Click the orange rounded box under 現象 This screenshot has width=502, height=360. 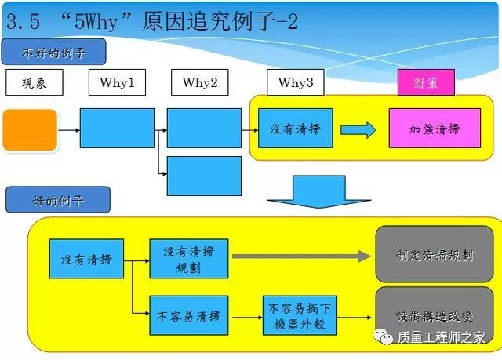coord(30,129)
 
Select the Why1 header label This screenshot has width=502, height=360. coord(116,82)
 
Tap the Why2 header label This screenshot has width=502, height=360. coord(200,82)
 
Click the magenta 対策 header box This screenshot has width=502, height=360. coord(425,82)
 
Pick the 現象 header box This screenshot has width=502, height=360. coord(33,82)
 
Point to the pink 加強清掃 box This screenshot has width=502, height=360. coord(435,129)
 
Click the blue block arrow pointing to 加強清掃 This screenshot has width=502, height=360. coord(358,129)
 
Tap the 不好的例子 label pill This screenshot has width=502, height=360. coord(54,53)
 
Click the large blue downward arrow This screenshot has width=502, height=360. coord(307,193)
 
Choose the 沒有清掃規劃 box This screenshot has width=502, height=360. coord(188,258)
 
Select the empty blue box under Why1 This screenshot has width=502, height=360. coord(117,128)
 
